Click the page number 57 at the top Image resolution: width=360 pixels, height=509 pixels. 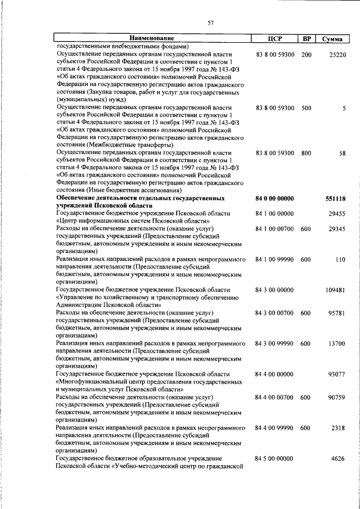(x=210, y=22)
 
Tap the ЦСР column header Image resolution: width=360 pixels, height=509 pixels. (x=275, y=39)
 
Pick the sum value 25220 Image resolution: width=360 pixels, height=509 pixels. (x=337, y=55)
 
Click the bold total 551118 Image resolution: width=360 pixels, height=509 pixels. (x=335, y=199)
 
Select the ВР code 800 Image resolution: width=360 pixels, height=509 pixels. (x=306, y=153)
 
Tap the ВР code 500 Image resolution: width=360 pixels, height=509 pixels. (x=306, y=107)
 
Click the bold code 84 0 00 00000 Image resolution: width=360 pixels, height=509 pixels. (x=274, y=199)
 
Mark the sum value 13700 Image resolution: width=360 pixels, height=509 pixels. (x=336, y=343)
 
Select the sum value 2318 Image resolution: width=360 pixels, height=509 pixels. (x=338, y=428)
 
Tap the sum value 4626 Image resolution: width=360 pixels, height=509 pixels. (x=338, y=458)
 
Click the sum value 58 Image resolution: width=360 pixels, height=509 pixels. (x=342, y=153)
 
